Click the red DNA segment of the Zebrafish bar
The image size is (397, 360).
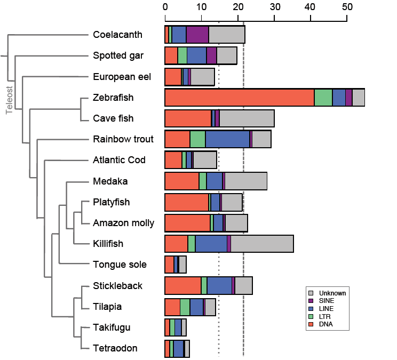[239, 98]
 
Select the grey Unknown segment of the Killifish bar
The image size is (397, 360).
[262, 244]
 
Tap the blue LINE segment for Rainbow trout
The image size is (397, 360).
[227, 139]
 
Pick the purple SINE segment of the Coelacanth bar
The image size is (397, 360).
[197, 35]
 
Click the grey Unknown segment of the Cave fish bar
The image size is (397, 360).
[247, 118]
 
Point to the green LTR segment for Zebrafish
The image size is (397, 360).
[323, 98]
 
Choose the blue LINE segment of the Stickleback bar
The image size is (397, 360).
[219, 286]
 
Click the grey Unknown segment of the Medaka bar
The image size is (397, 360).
[246, 181]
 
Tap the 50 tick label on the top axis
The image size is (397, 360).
[347, 7]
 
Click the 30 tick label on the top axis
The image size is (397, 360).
[274, 7]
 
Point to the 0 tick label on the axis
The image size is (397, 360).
[165, 7]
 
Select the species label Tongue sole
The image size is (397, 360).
[120, 265]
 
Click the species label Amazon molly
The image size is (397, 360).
[123, 223]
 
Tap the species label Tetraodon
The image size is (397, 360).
[115, 348]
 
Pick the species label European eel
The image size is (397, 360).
[122, 77]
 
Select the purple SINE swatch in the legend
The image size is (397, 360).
[311, 301]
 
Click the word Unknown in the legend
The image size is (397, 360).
[332, 293]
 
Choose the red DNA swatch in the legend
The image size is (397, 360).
[311, 325]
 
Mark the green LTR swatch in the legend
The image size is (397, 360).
[311, 317]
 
